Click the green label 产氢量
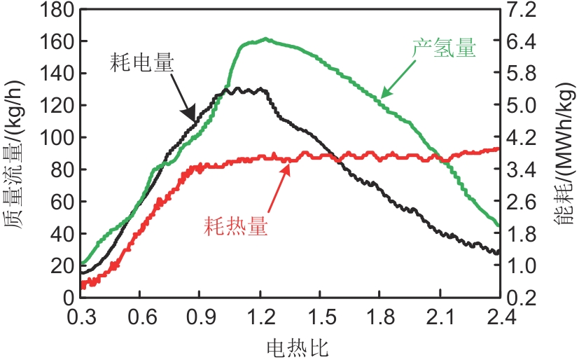[443, 50]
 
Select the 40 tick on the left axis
[59, 233]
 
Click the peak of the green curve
[267, 39]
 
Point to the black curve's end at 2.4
[498, 252]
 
